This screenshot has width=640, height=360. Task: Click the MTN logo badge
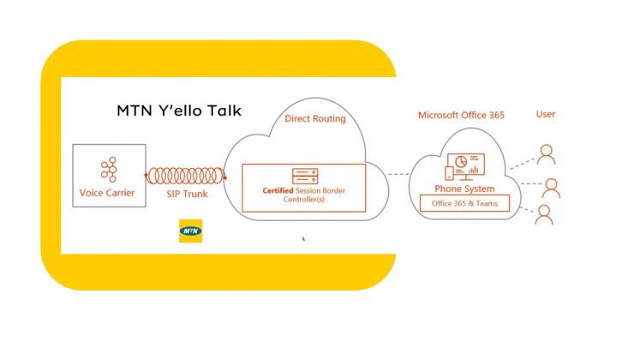(190, 231)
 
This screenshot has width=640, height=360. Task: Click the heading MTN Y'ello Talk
(179, 111)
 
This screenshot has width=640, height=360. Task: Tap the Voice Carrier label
(107, 193)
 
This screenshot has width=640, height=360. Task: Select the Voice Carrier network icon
(109, 169)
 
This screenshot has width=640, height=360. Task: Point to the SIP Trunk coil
(186, 176)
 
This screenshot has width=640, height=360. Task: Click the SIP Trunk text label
(187, 194)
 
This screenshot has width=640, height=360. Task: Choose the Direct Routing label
(315, 118)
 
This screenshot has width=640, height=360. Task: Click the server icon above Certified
(305, 177)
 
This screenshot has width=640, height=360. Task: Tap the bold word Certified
(278, 190)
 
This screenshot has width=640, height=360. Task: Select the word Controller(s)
(303, 200)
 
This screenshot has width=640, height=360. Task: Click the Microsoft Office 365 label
(461, 115)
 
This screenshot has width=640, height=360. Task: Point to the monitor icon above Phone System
(466, 166)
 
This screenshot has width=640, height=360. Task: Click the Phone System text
(464, 189)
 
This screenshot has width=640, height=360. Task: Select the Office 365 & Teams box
(465, 203)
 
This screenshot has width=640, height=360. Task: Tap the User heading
(546, 114)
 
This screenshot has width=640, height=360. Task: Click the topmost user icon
(546, 154)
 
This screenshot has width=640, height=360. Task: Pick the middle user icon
(551, 189)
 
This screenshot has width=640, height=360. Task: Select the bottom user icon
(544, 214)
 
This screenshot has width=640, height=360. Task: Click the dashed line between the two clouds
(398, 174)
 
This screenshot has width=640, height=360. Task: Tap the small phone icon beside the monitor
(449, 173)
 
